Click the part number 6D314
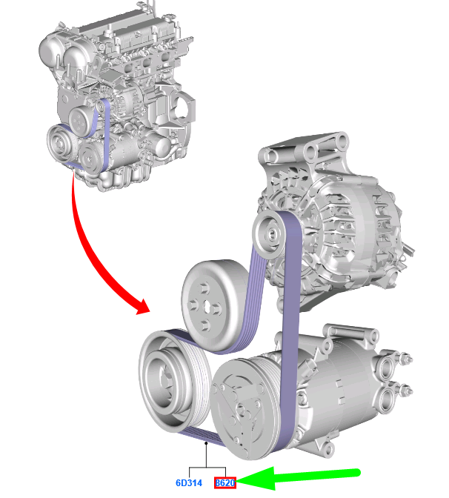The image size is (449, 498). click(x=189, y=482)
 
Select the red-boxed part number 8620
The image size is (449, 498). click(x=225, y=482)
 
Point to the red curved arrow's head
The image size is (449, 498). click(x=143, y=308)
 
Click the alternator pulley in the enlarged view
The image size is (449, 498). click(x=270, y=234)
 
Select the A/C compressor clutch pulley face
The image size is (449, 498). click(x=242, y=410)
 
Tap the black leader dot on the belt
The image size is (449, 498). click(x=206, y=442)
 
